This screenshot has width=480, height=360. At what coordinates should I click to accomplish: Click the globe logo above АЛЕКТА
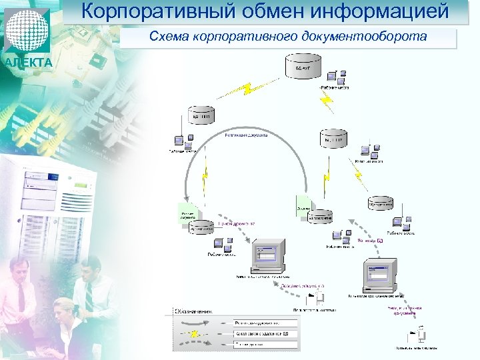click(x=27, y=29)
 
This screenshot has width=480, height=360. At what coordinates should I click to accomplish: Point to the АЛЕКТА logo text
click(x=27, y=63)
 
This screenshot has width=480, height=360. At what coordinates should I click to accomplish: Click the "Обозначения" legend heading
click(x=194, y=311)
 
